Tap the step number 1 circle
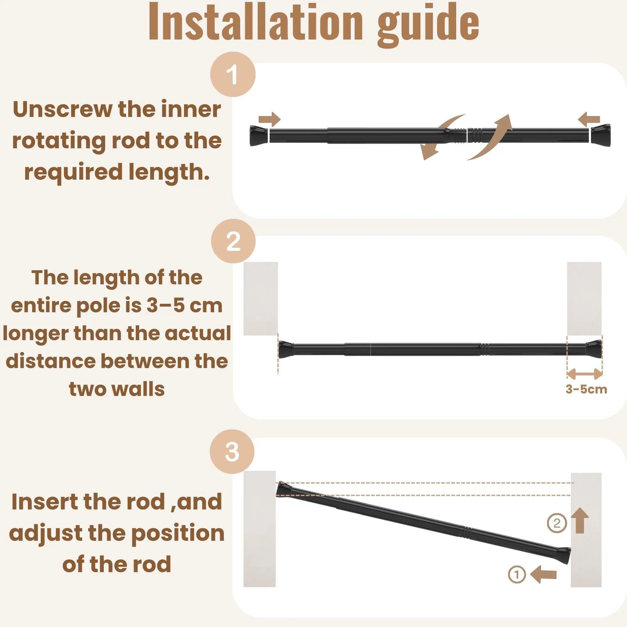point(233,74)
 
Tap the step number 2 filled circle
point(233,241)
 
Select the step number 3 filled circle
point(232,451)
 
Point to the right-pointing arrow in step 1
point(269,120)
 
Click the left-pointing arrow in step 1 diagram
point(589,120)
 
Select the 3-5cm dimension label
point(587,389)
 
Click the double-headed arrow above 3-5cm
point(584,374)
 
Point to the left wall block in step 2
point(261,298)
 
